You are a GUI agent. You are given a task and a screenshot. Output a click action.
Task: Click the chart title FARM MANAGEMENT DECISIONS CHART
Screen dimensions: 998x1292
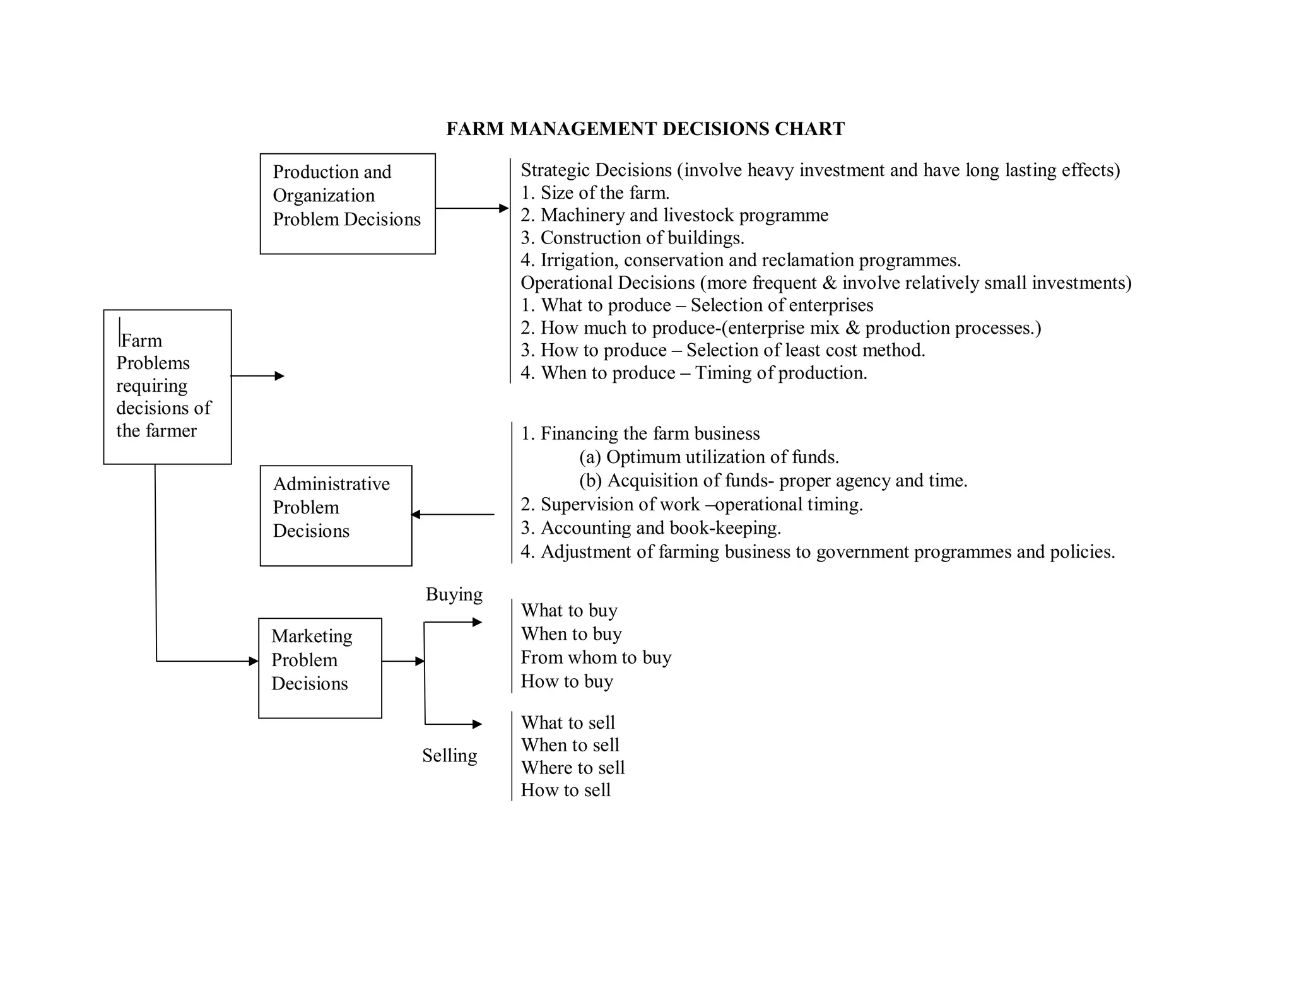(x=645, y=129)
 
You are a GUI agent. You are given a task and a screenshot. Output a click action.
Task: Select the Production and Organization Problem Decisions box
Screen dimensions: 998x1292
(x=348, y=204)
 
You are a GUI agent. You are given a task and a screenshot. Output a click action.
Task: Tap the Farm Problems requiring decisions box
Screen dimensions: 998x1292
(x=167, y=387)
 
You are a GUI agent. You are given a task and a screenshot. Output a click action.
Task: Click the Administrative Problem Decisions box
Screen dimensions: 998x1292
(x=336, y=515)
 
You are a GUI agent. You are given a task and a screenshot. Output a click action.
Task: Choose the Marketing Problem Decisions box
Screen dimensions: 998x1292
(x=320, y=668)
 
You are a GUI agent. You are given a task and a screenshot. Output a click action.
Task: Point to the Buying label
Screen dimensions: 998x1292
(x=454, y=594)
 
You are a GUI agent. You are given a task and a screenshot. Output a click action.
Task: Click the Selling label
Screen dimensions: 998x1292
(x=449, y=755)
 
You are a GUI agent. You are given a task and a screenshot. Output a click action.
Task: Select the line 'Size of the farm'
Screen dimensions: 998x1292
(x=595, y=192)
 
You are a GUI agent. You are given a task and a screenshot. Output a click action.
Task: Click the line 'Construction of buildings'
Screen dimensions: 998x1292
(x=632, y=238)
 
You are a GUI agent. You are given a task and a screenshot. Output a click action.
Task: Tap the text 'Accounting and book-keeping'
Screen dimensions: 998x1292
(x=650, y=527)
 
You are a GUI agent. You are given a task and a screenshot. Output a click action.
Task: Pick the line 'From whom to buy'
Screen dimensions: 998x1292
(x=596, y=657)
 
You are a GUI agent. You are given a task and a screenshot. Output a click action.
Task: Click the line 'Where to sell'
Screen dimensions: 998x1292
(x=572, y=768)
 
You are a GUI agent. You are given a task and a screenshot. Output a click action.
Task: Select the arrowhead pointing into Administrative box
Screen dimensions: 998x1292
(x=416, y=515)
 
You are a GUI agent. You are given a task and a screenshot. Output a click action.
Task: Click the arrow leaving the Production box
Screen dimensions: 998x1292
(x=471, y=208)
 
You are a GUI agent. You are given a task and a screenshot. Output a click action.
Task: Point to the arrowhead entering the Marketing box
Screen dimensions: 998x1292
(x=254, y=661)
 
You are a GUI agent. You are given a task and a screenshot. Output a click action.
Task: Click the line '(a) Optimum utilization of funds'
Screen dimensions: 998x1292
(x=708, y=457)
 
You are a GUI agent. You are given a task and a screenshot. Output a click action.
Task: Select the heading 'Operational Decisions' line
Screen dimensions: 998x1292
(x=825, y=283)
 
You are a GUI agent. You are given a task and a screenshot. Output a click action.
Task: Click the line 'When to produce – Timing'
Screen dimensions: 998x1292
(x=693, y=373)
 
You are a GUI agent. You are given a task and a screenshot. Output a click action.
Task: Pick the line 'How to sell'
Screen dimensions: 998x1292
(x=565, y=790)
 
